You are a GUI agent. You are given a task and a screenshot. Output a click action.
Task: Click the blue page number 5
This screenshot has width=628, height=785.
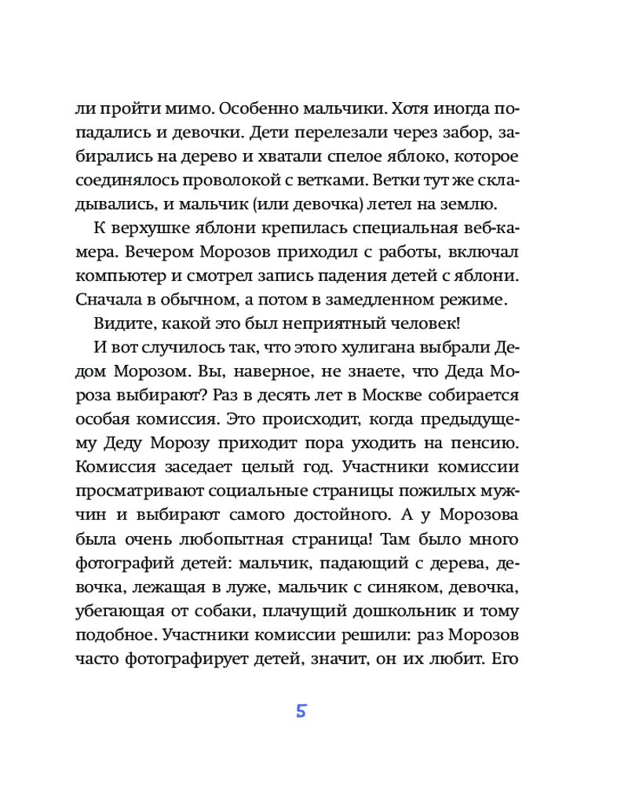point(301,712)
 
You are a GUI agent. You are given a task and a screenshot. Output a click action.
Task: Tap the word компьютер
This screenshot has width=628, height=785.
point(117,278)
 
